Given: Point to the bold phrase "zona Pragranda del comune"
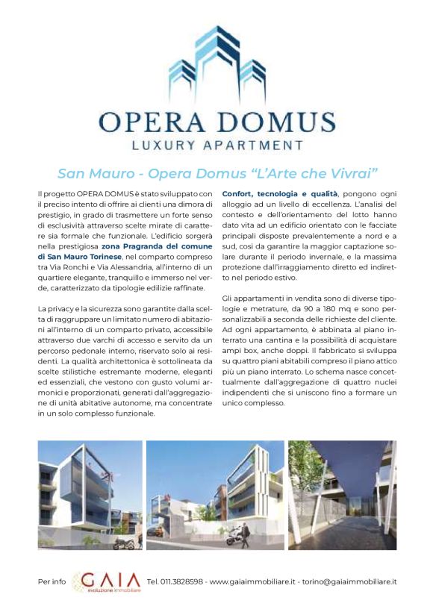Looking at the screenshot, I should pyautogui.click(x=157, y=246).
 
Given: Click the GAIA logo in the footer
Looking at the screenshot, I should pyautogui.click(x=107, y=581).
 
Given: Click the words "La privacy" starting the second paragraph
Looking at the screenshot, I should pyautogui.click(x=54, y=308).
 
